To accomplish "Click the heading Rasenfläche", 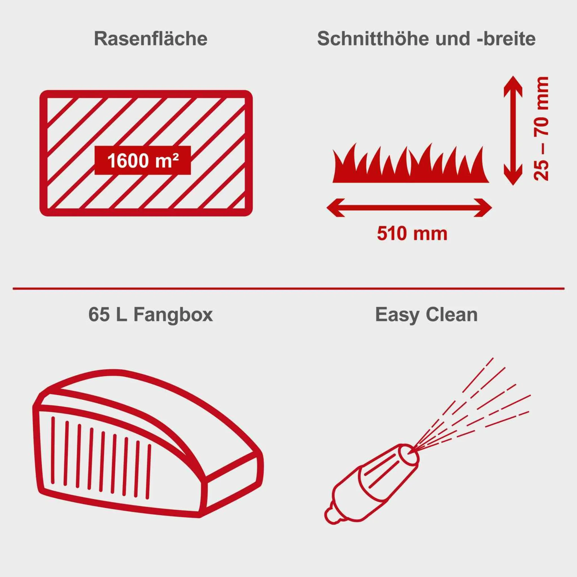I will [x=150, y=39].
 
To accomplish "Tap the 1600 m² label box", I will [x=143, y=160].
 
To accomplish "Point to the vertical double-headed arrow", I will [x=513, y=130].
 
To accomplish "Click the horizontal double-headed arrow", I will [x=409, y=208].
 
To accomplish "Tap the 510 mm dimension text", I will [x=412, y=234].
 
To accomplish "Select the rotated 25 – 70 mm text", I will [x=541, y=129].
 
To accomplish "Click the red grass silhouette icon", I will [x=411, y=167].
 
